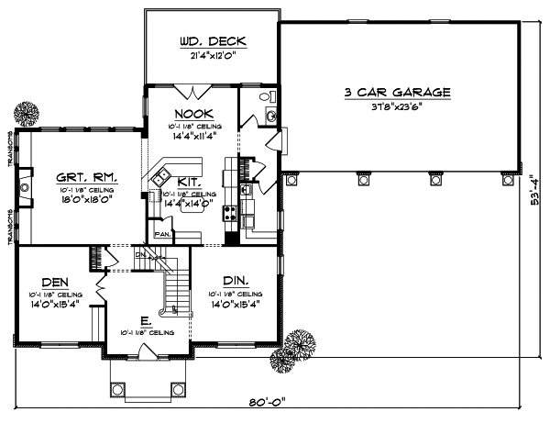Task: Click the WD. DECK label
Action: [210, 42]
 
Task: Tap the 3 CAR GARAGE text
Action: [398, 92]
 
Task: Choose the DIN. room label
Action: [231, 281]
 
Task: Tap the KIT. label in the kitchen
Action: [190, 183]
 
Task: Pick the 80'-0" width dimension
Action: [275, 402]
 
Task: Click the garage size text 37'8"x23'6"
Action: [398, 106]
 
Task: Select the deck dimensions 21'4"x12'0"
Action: [210, 57]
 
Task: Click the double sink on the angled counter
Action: [162, 173]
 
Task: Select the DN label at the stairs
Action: [140, 254]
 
